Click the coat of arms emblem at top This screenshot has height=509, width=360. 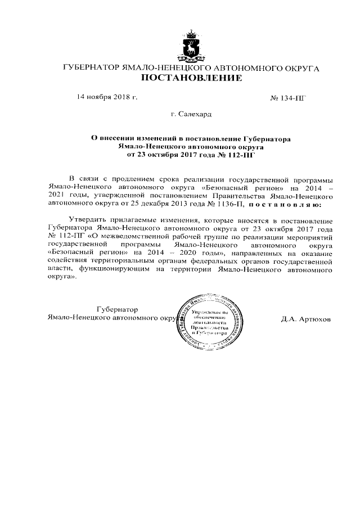[x=190, y=46]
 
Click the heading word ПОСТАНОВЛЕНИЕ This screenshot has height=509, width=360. [x=191, y=78]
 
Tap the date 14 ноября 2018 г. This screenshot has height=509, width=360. [x=107, y=97]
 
